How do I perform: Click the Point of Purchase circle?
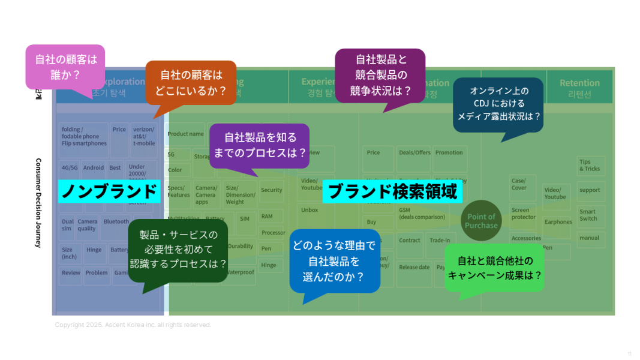(x=481, y=221)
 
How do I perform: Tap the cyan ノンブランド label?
(x=109, y=191)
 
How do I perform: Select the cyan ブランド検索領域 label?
(x=392, y=191)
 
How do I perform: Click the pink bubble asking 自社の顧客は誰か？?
(x=65, y=67)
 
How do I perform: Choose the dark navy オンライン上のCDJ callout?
(x=498, y=104)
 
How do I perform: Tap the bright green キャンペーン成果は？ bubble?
(x=494, y=268)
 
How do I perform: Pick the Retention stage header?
(x=579, y=88)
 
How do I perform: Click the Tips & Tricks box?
(x=591, y=165)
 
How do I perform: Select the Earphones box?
(x=558, y=221)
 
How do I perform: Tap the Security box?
(x=271, y=190)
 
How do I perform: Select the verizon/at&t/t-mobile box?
(x=143, y=136)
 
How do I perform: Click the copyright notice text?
(x=133, y=325)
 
